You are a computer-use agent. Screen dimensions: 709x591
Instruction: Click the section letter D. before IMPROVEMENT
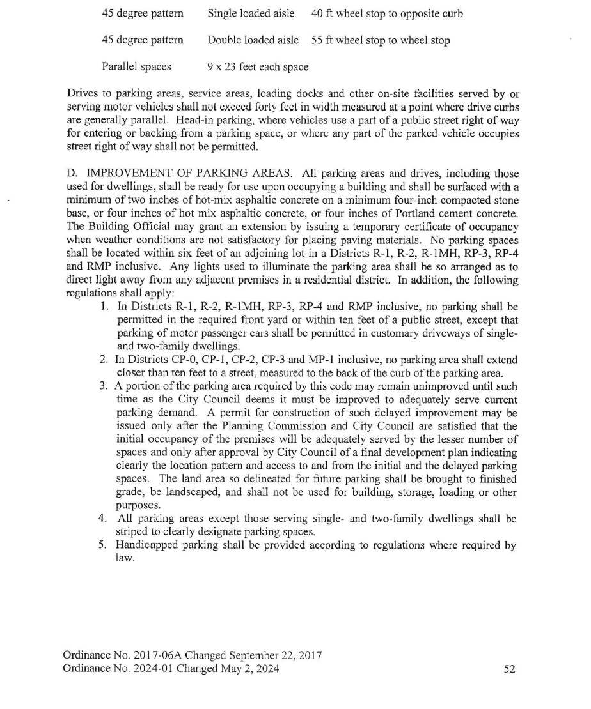click(72, 174)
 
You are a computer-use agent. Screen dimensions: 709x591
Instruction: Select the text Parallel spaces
click(136, 66)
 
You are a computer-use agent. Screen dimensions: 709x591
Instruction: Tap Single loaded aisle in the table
click(251, 13)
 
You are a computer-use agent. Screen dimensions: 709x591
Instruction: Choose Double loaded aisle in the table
click(253, 40)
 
